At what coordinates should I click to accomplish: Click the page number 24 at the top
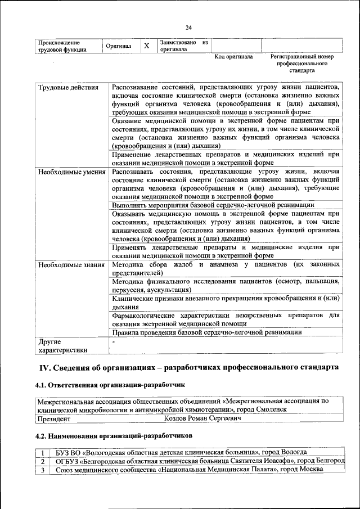click(x=188, y=28)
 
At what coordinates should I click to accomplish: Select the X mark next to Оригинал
click(x=146, y=46)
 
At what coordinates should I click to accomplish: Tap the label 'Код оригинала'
click(x=234, y=57)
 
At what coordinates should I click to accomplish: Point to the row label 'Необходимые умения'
click(x=72, y=171)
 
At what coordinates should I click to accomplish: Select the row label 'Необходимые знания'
click(x=71, y=264)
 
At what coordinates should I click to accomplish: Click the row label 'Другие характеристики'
click(x=62, y=345)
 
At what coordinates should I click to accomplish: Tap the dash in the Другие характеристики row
click(x=114, y=341)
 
